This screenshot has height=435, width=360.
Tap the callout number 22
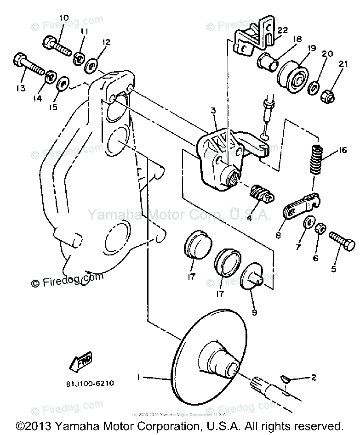[x=282, y=30]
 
